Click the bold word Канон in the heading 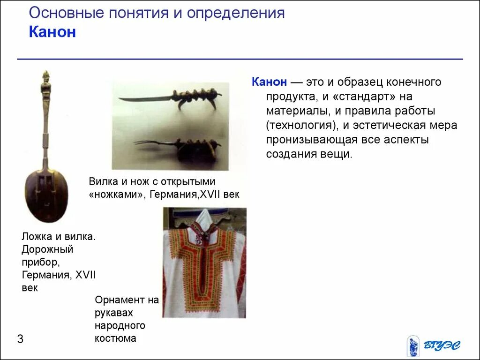coord(52,32)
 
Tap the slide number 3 coord(20,339)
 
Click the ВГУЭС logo coord(433,346)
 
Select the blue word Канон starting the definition coord(269,82)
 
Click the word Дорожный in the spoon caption coord(47,249)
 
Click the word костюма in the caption coord(115,338)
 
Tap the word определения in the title coord(236,13)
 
